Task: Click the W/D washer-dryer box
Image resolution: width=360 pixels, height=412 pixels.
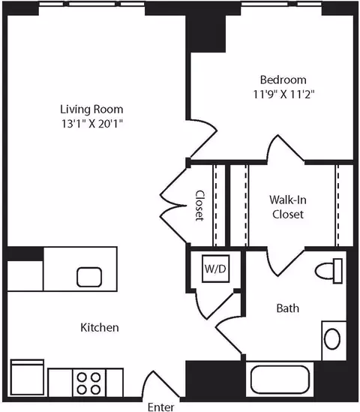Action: point(215,269)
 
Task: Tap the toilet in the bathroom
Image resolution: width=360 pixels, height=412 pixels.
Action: point(329,271)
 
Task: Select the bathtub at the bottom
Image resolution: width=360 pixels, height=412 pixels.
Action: point(280,380)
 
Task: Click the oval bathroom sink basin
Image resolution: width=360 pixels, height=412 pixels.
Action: point(332,338)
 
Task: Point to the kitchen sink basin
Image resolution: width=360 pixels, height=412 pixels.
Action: point(89,277)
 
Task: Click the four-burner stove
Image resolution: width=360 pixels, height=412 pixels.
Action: point(88,383)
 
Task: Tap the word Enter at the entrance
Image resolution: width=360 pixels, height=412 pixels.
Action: point(160,407)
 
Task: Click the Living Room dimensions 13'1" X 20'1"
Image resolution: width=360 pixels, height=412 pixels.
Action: point(92,124)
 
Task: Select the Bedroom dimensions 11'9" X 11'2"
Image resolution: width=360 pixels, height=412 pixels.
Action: point(283,94)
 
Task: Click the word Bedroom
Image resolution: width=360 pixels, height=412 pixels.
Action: point(283,80)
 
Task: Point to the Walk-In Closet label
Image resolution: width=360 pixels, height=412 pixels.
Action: point(288,207)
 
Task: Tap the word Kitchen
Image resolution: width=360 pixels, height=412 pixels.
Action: point(100,327)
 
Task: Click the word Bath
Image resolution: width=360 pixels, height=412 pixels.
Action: point(288,308)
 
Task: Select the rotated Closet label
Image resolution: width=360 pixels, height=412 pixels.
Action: point(199,206)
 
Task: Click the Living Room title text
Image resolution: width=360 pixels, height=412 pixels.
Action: point(91,110)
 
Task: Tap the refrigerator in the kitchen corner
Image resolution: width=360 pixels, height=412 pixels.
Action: point(27,377)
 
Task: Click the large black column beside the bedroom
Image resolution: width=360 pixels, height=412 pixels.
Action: point(205,33)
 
